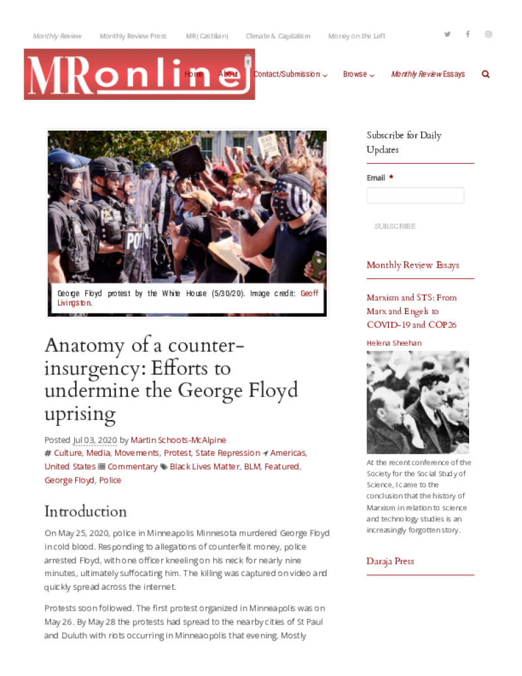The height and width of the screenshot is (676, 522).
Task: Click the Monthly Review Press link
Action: tap(133, 36)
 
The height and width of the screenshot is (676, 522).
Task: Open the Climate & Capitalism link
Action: tap(278, 36)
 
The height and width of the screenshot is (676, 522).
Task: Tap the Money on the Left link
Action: tap(356, 36)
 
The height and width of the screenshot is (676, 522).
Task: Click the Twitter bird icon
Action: tap(447, 34)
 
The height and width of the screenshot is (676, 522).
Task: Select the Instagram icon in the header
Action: tap(488, 34)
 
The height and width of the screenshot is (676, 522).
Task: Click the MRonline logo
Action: tap(138, 74)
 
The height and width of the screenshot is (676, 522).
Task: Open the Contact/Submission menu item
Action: tap(290, 74)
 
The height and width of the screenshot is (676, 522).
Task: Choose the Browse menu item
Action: tap(358, 74)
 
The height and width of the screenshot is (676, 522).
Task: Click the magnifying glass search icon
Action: tap(485, 74)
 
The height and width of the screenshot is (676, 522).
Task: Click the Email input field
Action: tap(415, 195)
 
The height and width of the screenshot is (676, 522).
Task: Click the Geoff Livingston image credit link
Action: tap(309, 293)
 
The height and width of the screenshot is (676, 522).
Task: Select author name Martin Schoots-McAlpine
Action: tap(178, 440)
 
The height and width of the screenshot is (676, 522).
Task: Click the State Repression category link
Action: tap(227, 453)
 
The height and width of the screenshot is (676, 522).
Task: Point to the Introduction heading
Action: tap(85, 511)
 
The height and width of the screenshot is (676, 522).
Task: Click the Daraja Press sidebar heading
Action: tap(390, 561)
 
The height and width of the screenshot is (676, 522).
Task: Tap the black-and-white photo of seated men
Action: tap(418, 402)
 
